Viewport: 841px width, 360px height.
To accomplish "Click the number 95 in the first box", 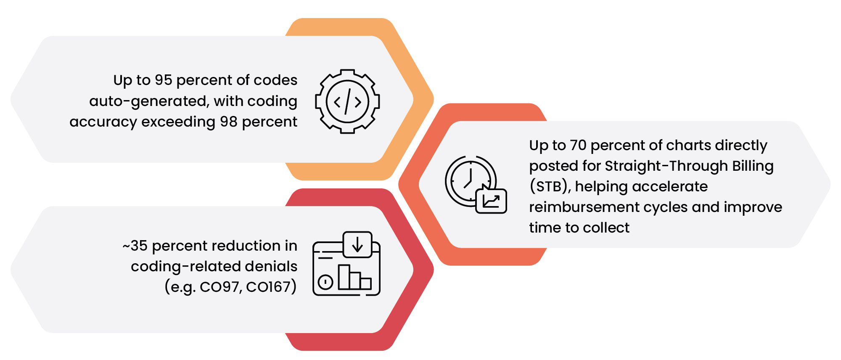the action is (163, 80).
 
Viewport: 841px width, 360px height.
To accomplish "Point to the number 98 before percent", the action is (229, 122).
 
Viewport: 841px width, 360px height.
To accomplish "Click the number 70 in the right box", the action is (578, 145).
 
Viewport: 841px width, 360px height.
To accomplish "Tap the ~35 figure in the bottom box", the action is (135, 246).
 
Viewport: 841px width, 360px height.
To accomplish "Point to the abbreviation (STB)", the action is (550, 186).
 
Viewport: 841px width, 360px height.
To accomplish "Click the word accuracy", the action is (103, 122).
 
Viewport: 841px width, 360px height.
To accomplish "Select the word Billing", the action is (753, 166).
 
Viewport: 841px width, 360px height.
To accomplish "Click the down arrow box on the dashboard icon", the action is (357, 244).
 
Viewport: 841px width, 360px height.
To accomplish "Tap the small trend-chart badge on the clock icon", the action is (491, 201).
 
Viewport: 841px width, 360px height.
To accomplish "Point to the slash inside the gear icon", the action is (347, 101).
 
